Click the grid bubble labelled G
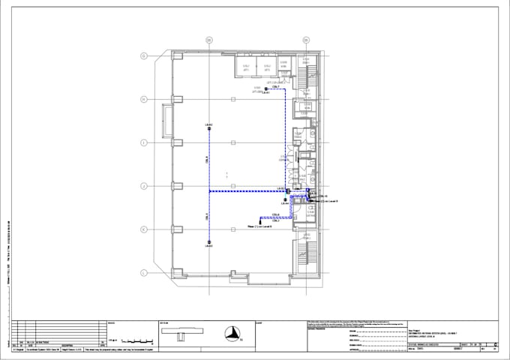click(x=143, y=55)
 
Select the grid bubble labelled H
click(x=143, y=98)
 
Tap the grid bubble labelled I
click(x=143, y=142)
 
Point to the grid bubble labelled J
click(x=143, y=185)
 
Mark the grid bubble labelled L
click(x=143, y=273)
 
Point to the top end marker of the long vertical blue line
click(x=208, y=129)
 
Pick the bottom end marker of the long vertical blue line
click(x=208, y=241)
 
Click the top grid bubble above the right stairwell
click(x=306, y=39)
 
